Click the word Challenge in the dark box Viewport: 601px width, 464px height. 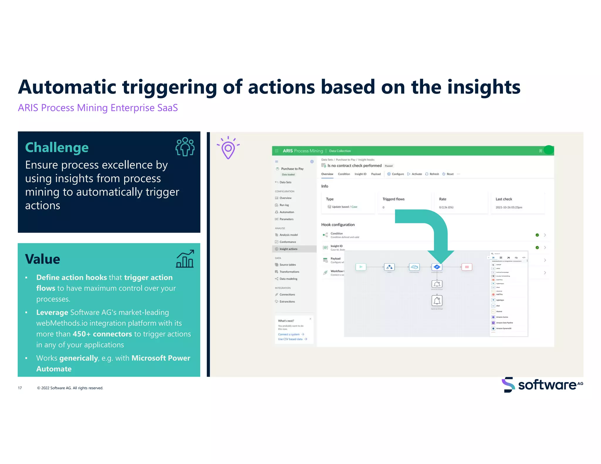tap(57, 148)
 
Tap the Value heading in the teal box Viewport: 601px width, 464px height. tap(43, 259)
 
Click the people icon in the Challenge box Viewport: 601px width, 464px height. tap(185, 147)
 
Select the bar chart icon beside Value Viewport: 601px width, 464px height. tap(185, 259)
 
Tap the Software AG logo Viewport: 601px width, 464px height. tap(542, 385)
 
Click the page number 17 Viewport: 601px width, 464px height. tap(20, 388)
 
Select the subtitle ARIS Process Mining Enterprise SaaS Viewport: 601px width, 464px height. tap(98, 108)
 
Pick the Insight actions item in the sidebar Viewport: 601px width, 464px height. tap(288, 249)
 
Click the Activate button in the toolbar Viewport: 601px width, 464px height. tap(416, 174)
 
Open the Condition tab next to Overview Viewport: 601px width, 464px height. tap(344, 174)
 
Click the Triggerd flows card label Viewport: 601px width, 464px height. tap(393, 199)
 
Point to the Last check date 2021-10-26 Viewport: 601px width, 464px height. tap(509, 207)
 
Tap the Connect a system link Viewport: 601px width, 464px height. tap(289, 334)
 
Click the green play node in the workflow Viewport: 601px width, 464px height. tap(361, 267)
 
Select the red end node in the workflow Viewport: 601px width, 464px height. tap(467, 267)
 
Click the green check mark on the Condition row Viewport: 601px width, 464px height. tap(537, 235)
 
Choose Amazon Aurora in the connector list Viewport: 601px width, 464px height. tap(502, 317)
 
